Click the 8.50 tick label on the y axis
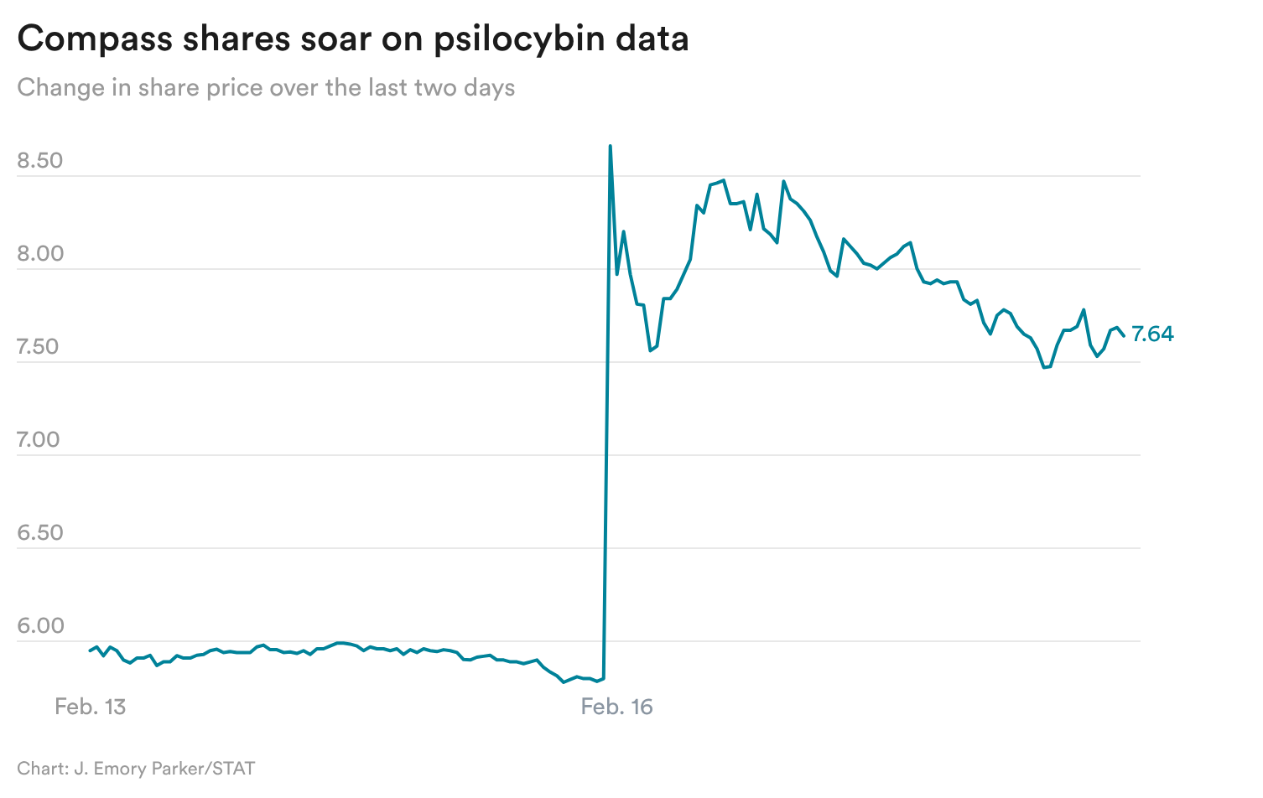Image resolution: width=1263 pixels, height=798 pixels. pyautogui.click(x=40, y=161)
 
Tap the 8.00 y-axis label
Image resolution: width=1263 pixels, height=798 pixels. pyautogui.click(x=40, y=254)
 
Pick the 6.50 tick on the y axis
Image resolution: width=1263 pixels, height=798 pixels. pyautogui.click(x=40, y=533)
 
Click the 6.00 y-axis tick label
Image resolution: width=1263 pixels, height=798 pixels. pyautogui.click(x=40, y=626)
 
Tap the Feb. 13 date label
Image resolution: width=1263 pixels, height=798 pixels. pyautogui.click(x=90, y=707)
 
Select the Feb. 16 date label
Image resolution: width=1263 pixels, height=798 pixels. pyautogui.click(x=616, y=707)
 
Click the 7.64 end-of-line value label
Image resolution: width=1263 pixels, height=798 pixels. pyautogui.click(x=1152, y=334)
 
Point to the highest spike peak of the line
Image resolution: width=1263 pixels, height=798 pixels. pyautogui.click(x=610, y=147)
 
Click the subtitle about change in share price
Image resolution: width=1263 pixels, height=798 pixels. pyautogui.click(x=266, y=88)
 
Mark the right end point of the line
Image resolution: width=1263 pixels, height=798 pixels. pyautogui.click(x=1124, y=335)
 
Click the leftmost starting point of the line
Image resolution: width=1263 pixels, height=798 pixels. pyautogui.click(x=90, y=650)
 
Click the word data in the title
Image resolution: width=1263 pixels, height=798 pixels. pyautogui.click(x=652, y=39)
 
